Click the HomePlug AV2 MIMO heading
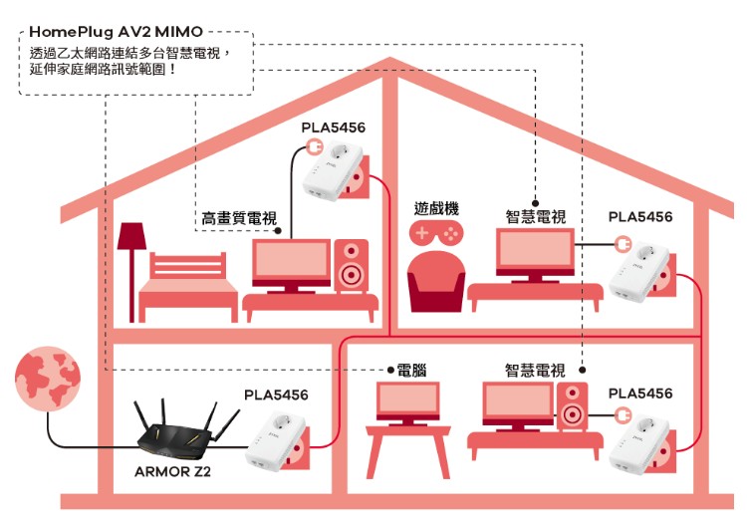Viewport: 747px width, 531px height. [x=117, y=32]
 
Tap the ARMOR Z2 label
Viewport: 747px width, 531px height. [x=172, y=472]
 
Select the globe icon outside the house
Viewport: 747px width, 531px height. [x=48, y=379]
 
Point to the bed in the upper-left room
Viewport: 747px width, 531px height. [x=188, y=287]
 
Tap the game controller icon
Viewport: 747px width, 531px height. [x=436, y=233]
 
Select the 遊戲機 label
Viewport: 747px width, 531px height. [x=436, y=208]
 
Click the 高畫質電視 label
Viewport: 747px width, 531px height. [x=239, y=218]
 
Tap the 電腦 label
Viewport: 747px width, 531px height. [x=411, y=370]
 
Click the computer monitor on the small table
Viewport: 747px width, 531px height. [x=407, y=402]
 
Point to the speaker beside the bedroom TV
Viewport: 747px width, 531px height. [x=352, y=265]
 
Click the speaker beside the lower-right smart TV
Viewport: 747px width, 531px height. [x=572, y=406]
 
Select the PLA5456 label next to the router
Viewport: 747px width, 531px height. [x=276, y=395]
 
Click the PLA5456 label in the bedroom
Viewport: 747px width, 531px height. [x=333, y=128]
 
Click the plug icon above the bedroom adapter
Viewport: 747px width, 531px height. [x=315, y=146]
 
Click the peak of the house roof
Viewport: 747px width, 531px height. [x=389, y=59]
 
